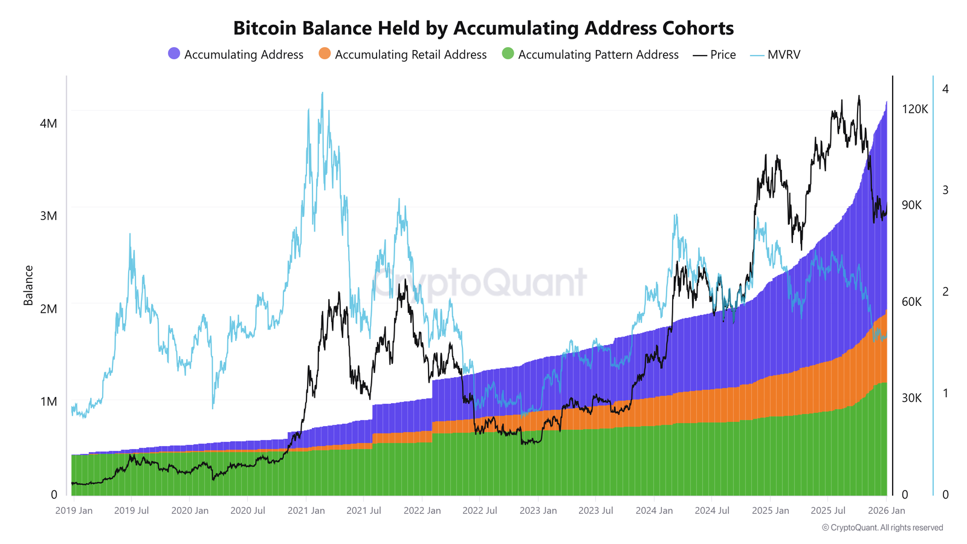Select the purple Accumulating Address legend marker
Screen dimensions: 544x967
click(174, 54)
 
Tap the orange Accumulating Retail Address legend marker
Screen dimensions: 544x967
click(325, 54)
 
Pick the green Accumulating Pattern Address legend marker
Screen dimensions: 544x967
click(508, 54)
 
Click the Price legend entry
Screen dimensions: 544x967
click(715, 55)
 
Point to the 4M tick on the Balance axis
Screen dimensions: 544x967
click(48, 124)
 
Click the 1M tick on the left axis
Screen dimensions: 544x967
click(48, 402)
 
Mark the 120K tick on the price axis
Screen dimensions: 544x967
click(914, 109)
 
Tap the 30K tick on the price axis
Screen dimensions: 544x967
click(911, 398)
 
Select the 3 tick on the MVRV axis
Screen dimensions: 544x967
click(945, 190)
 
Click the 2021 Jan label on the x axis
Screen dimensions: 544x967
click(306, 511)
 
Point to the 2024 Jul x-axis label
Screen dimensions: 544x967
click(712, 511)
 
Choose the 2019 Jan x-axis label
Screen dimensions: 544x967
click(74, 511)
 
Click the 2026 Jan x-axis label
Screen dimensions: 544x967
click(886, 511)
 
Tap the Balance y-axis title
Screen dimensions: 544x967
click(28, 285)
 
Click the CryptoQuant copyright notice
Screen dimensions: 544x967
click(882, 528)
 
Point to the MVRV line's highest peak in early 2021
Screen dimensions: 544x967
click(322, 93)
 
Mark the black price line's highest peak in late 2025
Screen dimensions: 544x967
click(859, 96)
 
